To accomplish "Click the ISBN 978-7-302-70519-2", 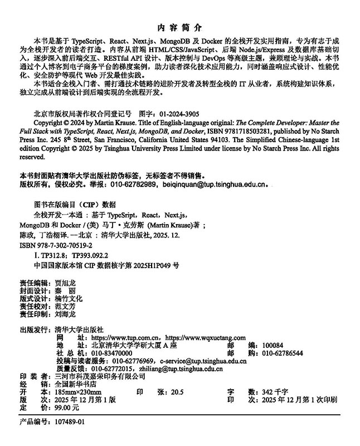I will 63,246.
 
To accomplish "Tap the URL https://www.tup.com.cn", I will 126,338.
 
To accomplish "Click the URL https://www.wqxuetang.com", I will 206,338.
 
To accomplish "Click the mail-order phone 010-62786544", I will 283,353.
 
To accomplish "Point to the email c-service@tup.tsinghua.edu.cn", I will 203,361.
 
